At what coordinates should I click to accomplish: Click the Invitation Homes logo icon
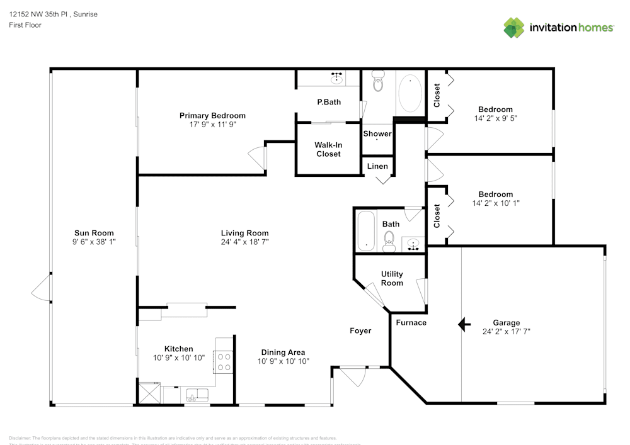click(514, 28)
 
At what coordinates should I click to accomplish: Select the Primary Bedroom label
click(212, 116)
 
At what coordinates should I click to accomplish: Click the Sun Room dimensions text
click(94, 242)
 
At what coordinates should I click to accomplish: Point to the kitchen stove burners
click(224, 362)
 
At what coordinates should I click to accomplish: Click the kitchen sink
click(197, 395)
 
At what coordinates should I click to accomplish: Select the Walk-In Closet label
click(328, 149)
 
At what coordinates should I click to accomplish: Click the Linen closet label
click(377, 166)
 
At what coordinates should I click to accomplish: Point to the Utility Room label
click(392, 278)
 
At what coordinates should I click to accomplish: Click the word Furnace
click(411, 323)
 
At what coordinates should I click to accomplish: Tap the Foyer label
click(361, 331)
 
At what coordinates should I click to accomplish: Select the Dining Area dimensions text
click(283, 361)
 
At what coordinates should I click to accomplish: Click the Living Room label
click(244, 233)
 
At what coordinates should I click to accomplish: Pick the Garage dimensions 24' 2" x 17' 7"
click(506, 332)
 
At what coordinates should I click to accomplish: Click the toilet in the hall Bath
click(389, 240)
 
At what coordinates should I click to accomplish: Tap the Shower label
click(377, 134)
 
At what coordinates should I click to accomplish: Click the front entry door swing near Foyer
click(353, 376)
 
